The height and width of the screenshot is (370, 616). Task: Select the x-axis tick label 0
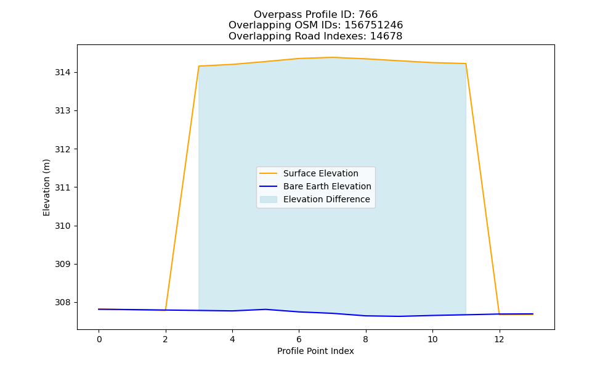[x=99, y=339]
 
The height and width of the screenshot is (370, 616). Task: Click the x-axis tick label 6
[x=299, y=339]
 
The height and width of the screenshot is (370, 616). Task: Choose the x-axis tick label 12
[x=499, y=339]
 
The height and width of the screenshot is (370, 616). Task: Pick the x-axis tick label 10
[x=432, y=339]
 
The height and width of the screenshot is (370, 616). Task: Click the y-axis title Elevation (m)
[x=46, y=187]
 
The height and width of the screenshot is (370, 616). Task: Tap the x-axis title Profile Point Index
[x=315, y=351]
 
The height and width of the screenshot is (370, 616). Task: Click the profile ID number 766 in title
[x=368, y=15]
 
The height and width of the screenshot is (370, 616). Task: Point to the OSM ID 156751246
[x=374, y=25]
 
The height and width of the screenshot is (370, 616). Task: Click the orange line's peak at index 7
[x=333, y=57]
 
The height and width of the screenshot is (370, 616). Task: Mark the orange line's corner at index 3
[x=199, y=66]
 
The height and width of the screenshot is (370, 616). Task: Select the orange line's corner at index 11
[x=466, y=64]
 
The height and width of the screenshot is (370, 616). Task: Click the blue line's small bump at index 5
[x=265, y=310]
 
